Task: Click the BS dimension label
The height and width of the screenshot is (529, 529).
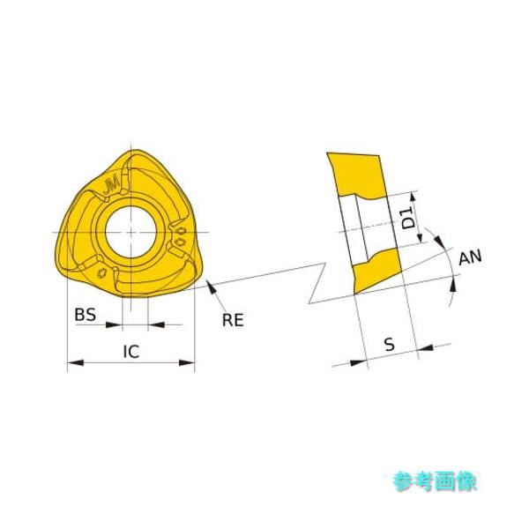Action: pyautogui.click(x=85, y=314)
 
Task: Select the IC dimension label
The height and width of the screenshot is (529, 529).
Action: pyautogui.click(x=130, y=351)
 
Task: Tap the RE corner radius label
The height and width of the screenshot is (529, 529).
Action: pyautogui.click(x=233, y=320)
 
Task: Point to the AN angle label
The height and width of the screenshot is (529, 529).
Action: pyautogui.click(x=471, y=257)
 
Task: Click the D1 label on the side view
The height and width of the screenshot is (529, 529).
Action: pyautogui.click(x=408, y=218)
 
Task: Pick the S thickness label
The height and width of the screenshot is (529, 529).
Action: pyautogui.click(x=389, y=345)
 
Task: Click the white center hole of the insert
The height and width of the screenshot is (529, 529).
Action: pyautogui.click(x=130, y=231)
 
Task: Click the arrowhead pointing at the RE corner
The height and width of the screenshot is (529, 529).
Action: pyautogui.click(x=212, y=286)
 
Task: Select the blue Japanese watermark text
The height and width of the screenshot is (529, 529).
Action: pyautogui.click(x=434, y=481)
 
